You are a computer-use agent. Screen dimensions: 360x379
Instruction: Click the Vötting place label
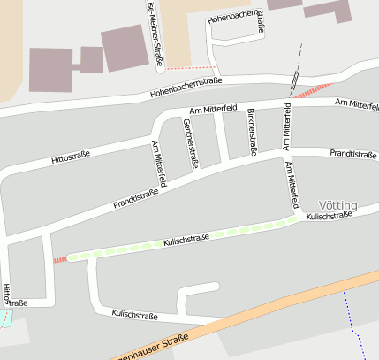337,205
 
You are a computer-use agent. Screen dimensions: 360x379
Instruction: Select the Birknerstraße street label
253,132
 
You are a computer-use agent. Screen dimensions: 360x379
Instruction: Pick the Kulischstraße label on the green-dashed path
186,239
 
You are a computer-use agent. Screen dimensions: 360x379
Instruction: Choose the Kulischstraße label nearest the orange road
133,314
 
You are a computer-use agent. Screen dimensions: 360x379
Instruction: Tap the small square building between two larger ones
92,59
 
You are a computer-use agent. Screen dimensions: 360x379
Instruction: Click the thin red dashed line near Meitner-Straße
190,67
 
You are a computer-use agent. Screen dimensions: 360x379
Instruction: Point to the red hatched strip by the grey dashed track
312,90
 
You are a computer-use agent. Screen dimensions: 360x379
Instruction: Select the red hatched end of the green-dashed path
59,259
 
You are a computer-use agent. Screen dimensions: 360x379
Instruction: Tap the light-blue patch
7,317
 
